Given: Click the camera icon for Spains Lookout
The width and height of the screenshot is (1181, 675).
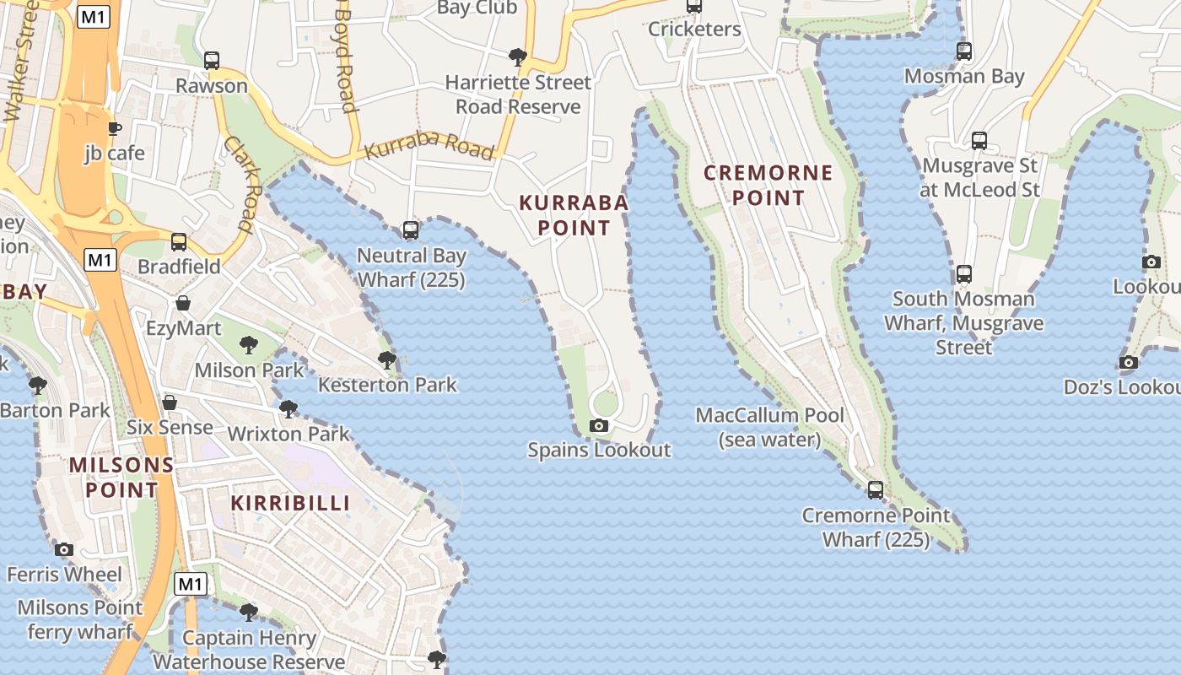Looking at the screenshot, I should click(599, 425).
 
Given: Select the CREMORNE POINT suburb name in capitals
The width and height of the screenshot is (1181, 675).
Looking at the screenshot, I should click(768, 186).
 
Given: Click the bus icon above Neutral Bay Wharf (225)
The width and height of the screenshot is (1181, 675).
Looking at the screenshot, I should click(411, 229).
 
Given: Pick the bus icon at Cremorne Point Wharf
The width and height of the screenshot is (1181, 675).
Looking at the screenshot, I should click(876, 489).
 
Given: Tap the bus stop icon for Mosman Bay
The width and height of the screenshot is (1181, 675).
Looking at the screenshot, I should click(964, 51).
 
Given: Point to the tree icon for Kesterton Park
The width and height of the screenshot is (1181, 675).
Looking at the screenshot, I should click(387, 360).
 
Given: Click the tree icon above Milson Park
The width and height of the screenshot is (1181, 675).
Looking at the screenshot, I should click(248, 344).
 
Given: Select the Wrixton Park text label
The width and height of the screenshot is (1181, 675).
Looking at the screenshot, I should click(289, 435).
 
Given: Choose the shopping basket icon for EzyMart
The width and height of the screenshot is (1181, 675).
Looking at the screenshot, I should click(183, 303).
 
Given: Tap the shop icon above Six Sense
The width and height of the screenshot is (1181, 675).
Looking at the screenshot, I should click(170, 402).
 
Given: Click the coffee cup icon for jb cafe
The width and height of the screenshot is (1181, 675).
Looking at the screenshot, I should click(115, 128).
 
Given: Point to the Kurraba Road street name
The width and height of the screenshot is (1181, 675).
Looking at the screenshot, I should click(429, 145).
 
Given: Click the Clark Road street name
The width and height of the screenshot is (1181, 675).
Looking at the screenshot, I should click(239, 185).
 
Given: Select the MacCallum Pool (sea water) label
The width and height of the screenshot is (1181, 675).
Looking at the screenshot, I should click(769, 427).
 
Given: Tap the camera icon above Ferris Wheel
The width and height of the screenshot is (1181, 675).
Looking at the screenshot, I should click(64, 549).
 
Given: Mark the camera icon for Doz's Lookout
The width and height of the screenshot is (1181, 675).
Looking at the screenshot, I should click(1129, 363).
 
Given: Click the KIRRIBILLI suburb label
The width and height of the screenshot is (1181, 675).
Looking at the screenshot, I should click(290, 503).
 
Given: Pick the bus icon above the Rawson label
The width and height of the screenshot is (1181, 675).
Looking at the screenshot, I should click(212, 61).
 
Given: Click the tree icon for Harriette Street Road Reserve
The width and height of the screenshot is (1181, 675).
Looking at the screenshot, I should click(518, 57).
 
